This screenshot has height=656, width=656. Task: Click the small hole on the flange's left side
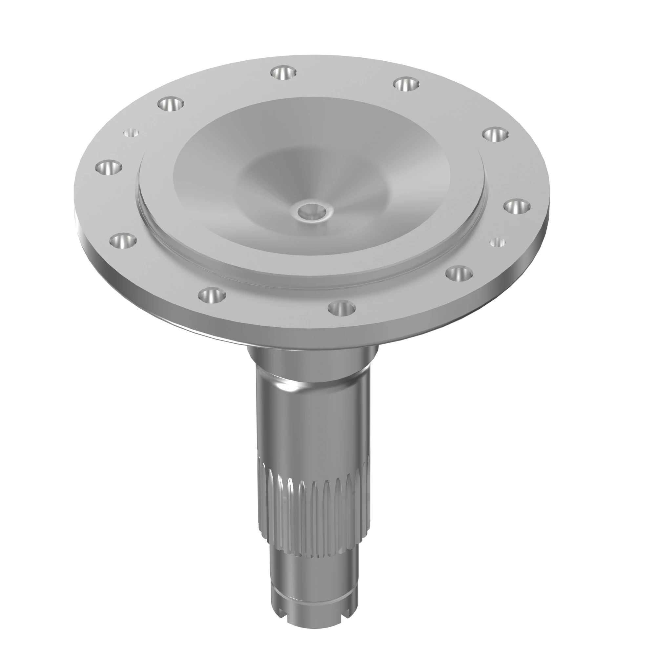click(x=131, y=133)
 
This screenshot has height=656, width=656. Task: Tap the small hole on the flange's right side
click(x=498, y=242)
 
